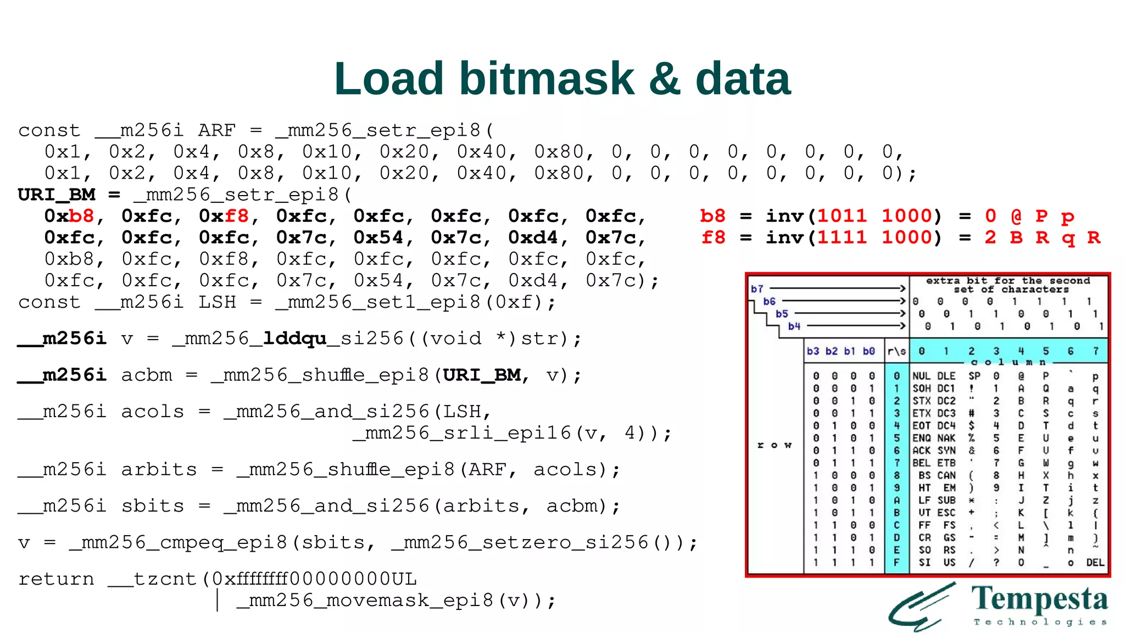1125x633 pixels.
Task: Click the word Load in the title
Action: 388,79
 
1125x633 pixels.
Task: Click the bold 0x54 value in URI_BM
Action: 379,237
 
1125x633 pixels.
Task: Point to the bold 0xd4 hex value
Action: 533,237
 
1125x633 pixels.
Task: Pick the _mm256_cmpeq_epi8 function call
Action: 178,543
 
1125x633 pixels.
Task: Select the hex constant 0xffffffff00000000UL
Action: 314,579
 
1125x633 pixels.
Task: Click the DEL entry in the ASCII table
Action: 1095,563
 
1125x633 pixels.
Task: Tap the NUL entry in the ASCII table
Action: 921,376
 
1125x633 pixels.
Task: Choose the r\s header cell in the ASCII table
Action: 897,351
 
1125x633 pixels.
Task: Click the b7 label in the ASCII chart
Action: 757,289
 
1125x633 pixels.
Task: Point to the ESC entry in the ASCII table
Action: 946,513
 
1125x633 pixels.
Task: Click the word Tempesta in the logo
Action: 1039,599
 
